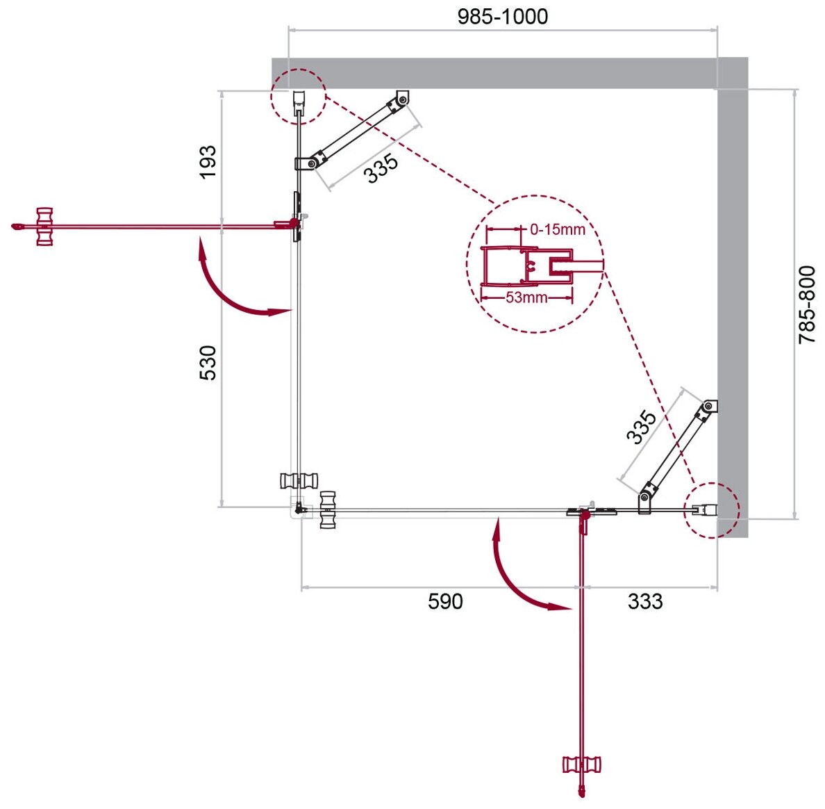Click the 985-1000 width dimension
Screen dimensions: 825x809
click(502, 16)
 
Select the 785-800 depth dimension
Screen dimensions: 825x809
click(807, 304)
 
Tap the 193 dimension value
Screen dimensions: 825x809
click(208, 161)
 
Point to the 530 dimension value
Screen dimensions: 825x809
click(208, 362)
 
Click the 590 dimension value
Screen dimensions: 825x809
click(444, 601)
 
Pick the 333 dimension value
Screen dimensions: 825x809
click(645, 601)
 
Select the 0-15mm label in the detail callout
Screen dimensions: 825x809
click(557, 229)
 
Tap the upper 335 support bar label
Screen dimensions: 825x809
click(382, 168)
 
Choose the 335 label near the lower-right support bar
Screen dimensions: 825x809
click(640, 427)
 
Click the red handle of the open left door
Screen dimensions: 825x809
click(44, 227)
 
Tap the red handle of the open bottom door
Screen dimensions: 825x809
click(581, 765)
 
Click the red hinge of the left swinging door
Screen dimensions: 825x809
click(294, 223)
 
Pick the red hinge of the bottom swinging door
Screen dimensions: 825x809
click(583, 514)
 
